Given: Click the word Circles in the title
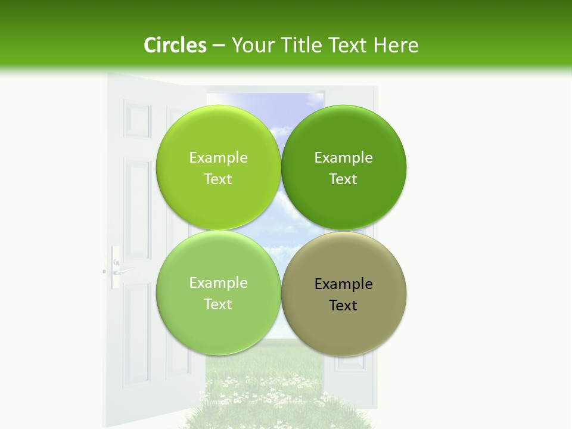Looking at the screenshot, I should tap(175, 45).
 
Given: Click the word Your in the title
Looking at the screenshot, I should tap(253, 45).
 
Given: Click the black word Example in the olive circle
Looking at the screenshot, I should tap(344, 284).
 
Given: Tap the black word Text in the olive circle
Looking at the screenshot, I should tap(343, 306).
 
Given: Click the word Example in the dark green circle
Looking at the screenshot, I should tap(344, 158).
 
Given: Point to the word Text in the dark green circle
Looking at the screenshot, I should tap(343, 179).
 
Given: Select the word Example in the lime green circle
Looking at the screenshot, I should tap(218, 158).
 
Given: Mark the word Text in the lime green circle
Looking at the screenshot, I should tap(218, 179).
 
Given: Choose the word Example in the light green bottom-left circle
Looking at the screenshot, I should tap(218, 283).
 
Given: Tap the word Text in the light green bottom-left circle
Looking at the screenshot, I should tap(218, 304).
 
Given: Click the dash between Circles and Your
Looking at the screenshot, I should tap(219, 46).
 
